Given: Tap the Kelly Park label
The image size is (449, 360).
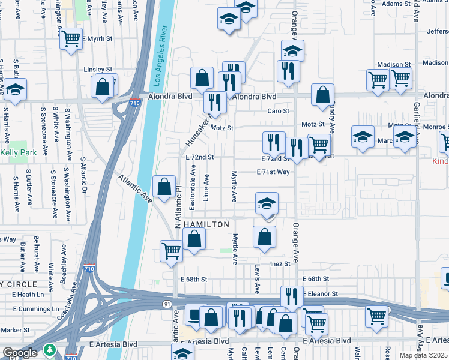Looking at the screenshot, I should pos(19,153).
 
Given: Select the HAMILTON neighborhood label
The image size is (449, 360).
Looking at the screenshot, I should pos(206,224).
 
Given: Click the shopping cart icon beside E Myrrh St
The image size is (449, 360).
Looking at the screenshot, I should pos(71,39).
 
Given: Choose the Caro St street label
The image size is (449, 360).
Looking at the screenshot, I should pos(278,111).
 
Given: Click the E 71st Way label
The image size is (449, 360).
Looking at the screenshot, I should pos(273,172).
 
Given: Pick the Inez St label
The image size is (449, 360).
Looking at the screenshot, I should pos(280,264).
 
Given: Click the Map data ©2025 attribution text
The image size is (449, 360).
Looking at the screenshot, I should pos(423,355).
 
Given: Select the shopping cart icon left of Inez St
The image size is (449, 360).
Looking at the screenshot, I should pos(172,251).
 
